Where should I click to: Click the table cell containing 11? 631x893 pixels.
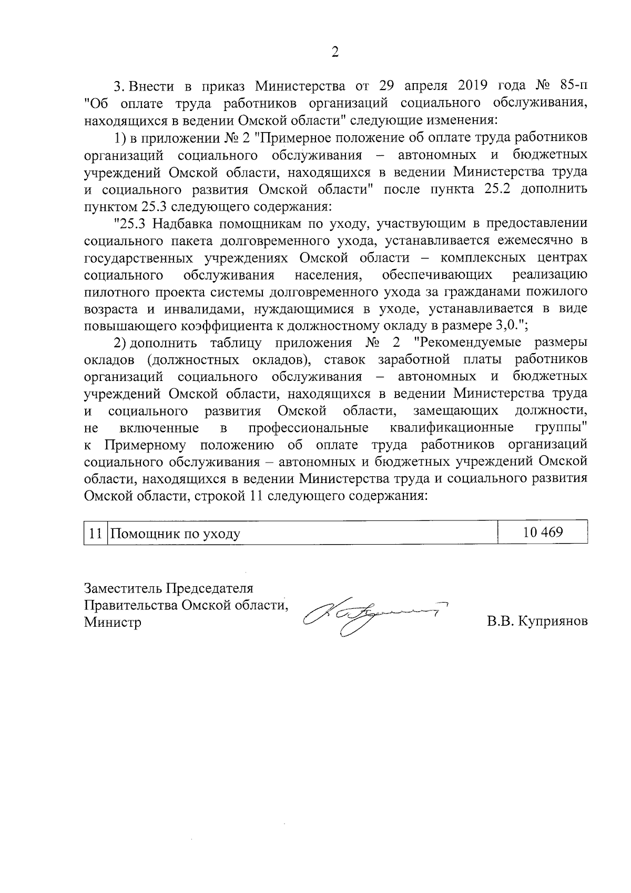point(95,533)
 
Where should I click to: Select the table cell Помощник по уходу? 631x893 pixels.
point(302,533)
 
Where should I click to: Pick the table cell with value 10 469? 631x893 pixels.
point(542,533)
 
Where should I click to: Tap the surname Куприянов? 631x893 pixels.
point(552,622)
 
